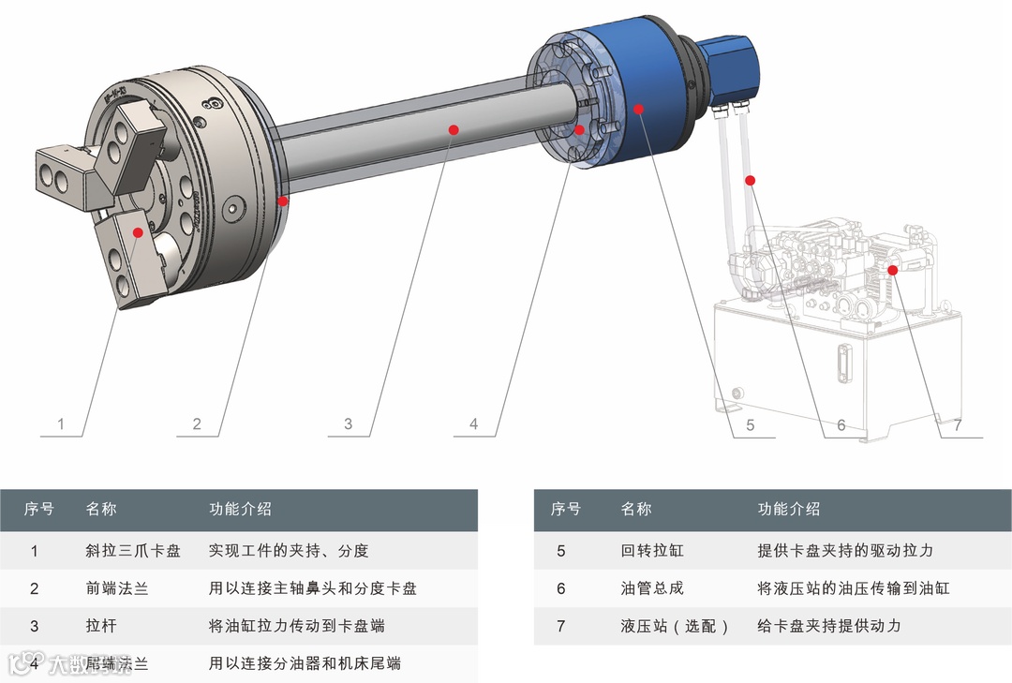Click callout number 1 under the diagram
click(61, 424)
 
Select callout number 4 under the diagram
click(473, 424)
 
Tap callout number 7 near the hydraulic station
click(957, 424)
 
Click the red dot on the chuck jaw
click(138, 231)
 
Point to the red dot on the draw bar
click(453, 129)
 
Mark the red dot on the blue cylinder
click(638, 109)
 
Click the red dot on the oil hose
click(750, 180)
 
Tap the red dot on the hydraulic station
click(892, 270)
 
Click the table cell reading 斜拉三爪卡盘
click(132, 551)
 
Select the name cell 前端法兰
click(116, 588)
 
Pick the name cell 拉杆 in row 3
click(100, 626)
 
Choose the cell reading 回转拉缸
click(652, 551)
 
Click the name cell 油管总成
click(652, 588)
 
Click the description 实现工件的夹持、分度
click(288, 551)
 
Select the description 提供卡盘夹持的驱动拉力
click(845, 551)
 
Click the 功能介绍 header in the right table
click(788, 509)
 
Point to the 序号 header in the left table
click(38, 509)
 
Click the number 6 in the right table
click(561, 588)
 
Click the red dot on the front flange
click(283, 200)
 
